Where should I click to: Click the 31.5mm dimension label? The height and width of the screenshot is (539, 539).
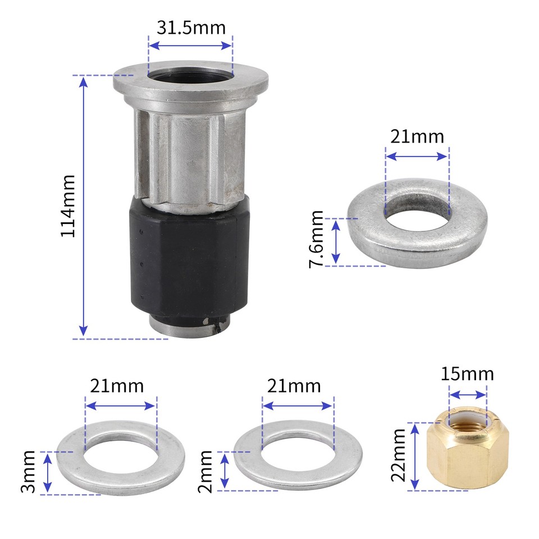190,28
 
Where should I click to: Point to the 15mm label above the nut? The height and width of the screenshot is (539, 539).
467,373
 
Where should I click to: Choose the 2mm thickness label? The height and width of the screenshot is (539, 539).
205,470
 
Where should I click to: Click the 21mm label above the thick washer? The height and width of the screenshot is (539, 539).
417,136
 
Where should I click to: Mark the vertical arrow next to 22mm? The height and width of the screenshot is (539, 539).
415,456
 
